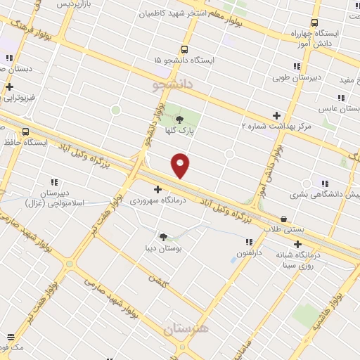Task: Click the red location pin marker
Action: (180, 165)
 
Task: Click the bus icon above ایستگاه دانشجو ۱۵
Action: (184, 50)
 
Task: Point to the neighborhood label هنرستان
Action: (186, 328)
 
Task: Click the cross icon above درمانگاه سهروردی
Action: (157, 189)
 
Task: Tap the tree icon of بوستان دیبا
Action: (163, 237)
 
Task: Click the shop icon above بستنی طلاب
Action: (284, 219)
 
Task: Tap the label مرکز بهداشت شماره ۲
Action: (274, 127)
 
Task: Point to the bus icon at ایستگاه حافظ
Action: (26, 131)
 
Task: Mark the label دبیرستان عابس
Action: (335, 110)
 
